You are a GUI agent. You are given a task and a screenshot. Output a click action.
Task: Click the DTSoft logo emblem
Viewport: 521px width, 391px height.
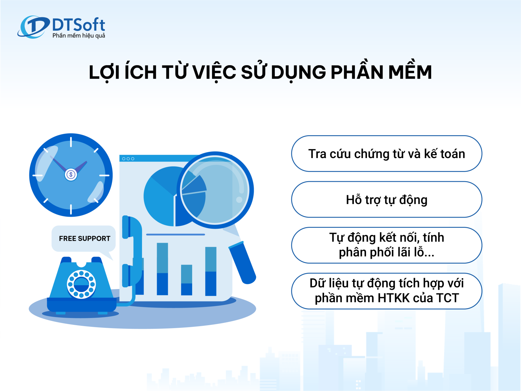tap(34, 27)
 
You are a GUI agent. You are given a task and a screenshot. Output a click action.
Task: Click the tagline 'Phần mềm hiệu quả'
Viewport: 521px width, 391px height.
tap(79, 36)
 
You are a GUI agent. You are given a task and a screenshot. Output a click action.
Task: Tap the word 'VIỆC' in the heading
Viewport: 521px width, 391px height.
tap(214, 72)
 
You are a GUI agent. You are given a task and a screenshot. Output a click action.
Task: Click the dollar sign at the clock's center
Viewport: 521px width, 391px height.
tap(71, 175)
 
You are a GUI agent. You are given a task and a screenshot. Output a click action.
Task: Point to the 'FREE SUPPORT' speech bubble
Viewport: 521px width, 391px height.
tap(84, 239)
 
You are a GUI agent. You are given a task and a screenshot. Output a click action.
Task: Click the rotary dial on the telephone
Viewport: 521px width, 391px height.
tap(81, 284)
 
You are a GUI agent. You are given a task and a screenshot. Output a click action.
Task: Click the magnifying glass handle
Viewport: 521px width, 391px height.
tap(242, 262)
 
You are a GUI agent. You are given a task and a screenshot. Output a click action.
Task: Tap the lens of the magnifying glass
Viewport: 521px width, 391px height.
tap(215, 190)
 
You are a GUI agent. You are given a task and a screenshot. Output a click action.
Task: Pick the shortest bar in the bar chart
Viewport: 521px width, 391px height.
tap(186, 280)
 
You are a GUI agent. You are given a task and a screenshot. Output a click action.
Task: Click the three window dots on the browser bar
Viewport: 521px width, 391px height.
tap(128, 159)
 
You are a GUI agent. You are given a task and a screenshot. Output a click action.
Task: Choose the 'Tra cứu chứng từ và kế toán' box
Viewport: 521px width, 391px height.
tap(387, 153)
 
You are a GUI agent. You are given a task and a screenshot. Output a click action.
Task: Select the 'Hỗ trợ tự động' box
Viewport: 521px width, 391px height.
tap(387, 199)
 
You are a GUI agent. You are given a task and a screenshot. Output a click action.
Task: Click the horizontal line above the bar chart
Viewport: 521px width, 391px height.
tap(176, 234)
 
